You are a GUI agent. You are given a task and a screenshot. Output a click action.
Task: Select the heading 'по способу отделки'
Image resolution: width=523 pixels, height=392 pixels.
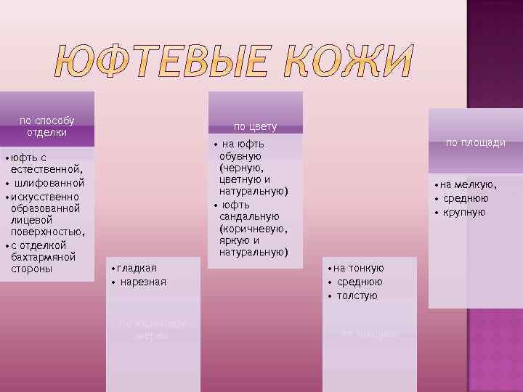tap(46, 126)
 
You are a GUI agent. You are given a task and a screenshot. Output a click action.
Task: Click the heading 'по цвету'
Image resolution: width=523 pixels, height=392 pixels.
tap(255, 126)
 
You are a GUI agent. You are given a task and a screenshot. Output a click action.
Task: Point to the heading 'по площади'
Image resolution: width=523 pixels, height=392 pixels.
tap(476, 143)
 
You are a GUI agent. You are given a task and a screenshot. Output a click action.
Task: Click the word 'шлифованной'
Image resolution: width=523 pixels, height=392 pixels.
tap(49, 182)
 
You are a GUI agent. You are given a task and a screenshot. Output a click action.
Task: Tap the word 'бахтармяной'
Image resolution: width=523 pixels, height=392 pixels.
tap(44, 257)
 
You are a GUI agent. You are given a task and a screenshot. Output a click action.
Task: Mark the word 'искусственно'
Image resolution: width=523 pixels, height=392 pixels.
tap(44, 196)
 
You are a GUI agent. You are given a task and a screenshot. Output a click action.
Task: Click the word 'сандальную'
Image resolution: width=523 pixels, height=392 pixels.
tap(249, 216)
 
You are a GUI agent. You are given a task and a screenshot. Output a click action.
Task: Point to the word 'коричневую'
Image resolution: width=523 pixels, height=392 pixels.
tap(253, 229)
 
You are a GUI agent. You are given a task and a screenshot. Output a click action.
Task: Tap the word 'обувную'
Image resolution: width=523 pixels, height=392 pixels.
tap(240, 156)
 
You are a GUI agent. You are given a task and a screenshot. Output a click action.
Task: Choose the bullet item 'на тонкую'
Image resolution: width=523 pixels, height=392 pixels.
tap(358, 268)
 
